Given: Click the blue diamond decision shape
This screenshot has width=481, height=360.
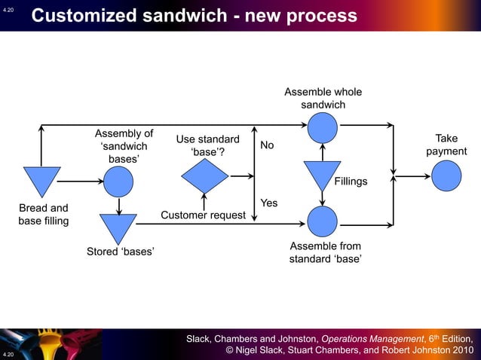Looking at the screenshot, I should pos(204,176).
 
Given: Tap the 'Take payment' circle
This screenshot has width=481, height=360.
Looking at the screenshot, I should pos(446,177).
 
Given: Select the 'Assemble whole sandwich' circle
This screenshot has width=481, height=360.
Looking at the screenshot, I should pos(322,127).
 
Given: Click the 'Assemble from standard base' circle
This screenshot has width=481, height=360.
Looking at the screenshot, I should pos(322,221).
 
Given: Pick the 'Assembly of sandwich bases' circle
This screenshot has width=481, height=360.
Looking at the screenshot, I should pos(118,182).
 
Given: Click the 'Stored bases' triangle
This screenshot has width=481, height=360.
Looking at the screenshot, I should pos(118,227).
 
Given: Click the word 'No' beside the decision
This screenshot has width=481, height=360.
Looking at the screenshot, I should pos(267,145).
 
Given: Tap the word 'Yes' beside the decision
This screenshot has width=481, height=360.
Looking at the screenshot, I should pos(268,203).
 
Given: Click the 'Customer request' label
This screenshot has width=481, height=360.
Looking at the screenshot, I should pos(203,215).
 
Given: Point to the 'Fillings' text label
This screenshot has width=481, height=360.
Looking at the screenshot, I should pos(351,182).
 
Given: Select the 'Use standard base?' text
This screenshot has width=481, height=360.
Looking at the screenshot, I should pos(207,146).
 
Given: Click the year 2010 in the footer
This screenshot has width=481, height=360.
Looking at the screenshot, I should pos(459,350).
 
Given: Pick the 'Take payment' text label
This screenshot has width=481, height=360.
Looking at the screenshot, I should pos(446,145).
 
